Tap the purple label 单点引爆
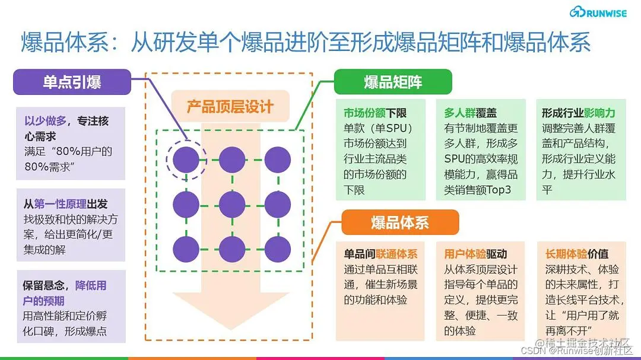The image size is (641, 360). coord(72,82)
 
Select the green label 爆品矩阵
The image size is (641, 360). coord(393,82)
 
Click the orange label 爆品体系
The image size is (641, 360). coord(400,223)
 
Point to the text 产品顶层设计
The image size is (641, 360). coord(230,107)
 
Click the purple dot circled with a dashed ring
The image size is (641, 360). coord(186,160)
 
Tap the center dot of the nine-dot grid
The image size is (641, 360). coord(232,204)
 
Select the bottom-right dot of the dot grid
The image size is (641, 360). coord(278,249)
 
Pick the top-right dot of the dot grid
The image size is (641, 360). coord(278,160)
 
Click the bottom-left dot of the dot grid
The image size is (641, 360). coord(186,249)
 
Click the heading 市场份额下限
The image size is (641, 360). coord(375,113)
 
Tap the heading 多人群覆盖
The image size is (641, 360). coord(470,113)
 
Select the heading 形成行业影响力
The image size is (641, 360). coord(578,113)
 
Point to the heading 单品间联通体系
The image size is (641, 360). coord(380,254)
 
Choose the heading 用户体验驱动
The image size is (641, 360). coord(475,254)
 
